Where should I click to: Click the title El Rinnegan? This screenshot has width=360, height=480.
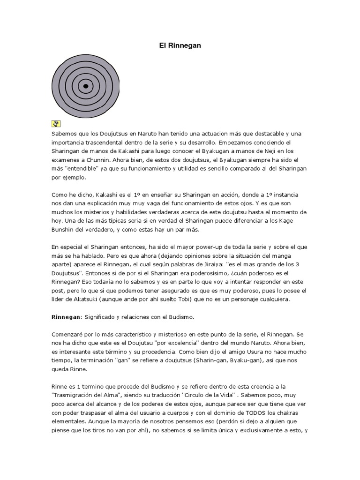pos(180,46)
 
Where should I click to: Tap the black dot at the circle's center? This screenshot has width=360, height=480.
pos(86,86)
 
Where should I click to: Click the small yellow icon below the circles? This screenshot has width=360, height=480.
pos(56,124)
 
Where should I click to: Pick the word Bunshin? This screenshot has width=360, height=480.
pos(64,231)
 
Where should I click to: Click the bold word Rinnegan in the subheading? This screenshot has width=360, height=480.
pos(66,317)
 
